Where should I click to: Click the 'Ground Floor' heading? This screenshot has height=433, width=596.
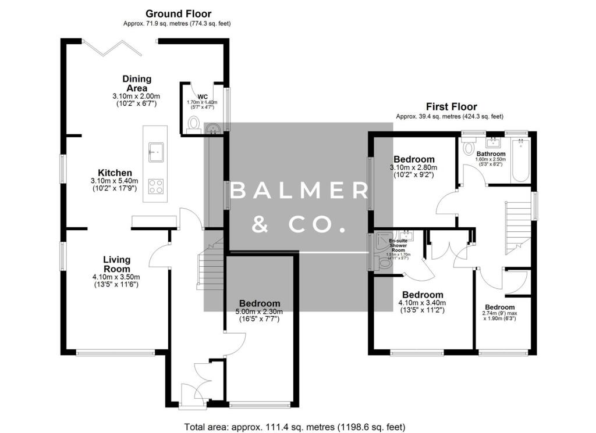(178, 13)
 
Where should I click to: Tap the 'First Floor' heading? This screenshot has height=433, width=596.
(451, 106)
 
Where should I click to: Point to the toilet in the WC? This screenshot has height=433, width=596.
(194, 123)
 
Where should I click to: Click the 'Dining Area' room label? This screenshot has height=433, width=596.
(137, 83)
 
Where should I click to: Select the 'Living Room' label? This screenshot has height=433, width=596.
(116, 264)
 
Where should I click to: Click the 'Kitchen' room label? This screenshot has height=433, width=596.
(115, 173)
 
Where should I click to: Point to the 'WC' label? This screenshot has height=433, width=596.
(203, 96)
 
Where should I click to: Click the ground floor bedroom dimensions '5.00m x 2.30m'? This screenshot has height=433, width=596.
(260, 312)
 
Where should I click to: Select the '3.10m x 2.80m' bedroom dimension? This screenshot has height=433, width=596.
(413, 167)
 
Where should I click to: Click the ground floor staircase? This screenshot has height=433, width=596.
(210, 264)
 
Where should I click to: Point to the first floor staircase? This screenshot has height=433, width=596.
(518, 224)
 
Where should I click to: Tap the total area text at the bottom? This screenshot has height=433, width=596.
(295, 426)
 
